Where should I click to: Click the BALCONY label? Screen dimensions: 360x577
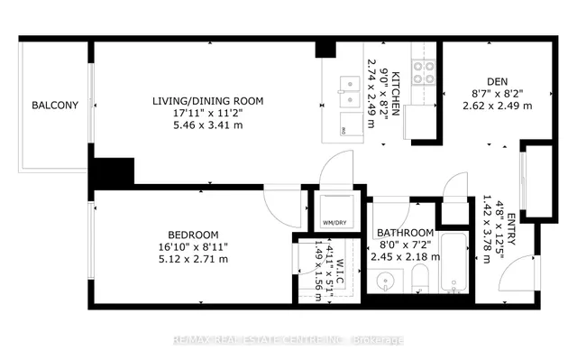(55, 106)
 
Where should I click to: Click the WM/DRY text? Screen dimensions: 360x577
(334, 223)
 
